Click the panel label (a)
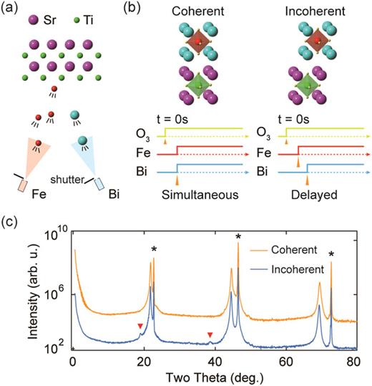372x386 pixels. (12, 9)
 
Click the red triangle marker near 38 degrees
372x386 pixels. (209, 335)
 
